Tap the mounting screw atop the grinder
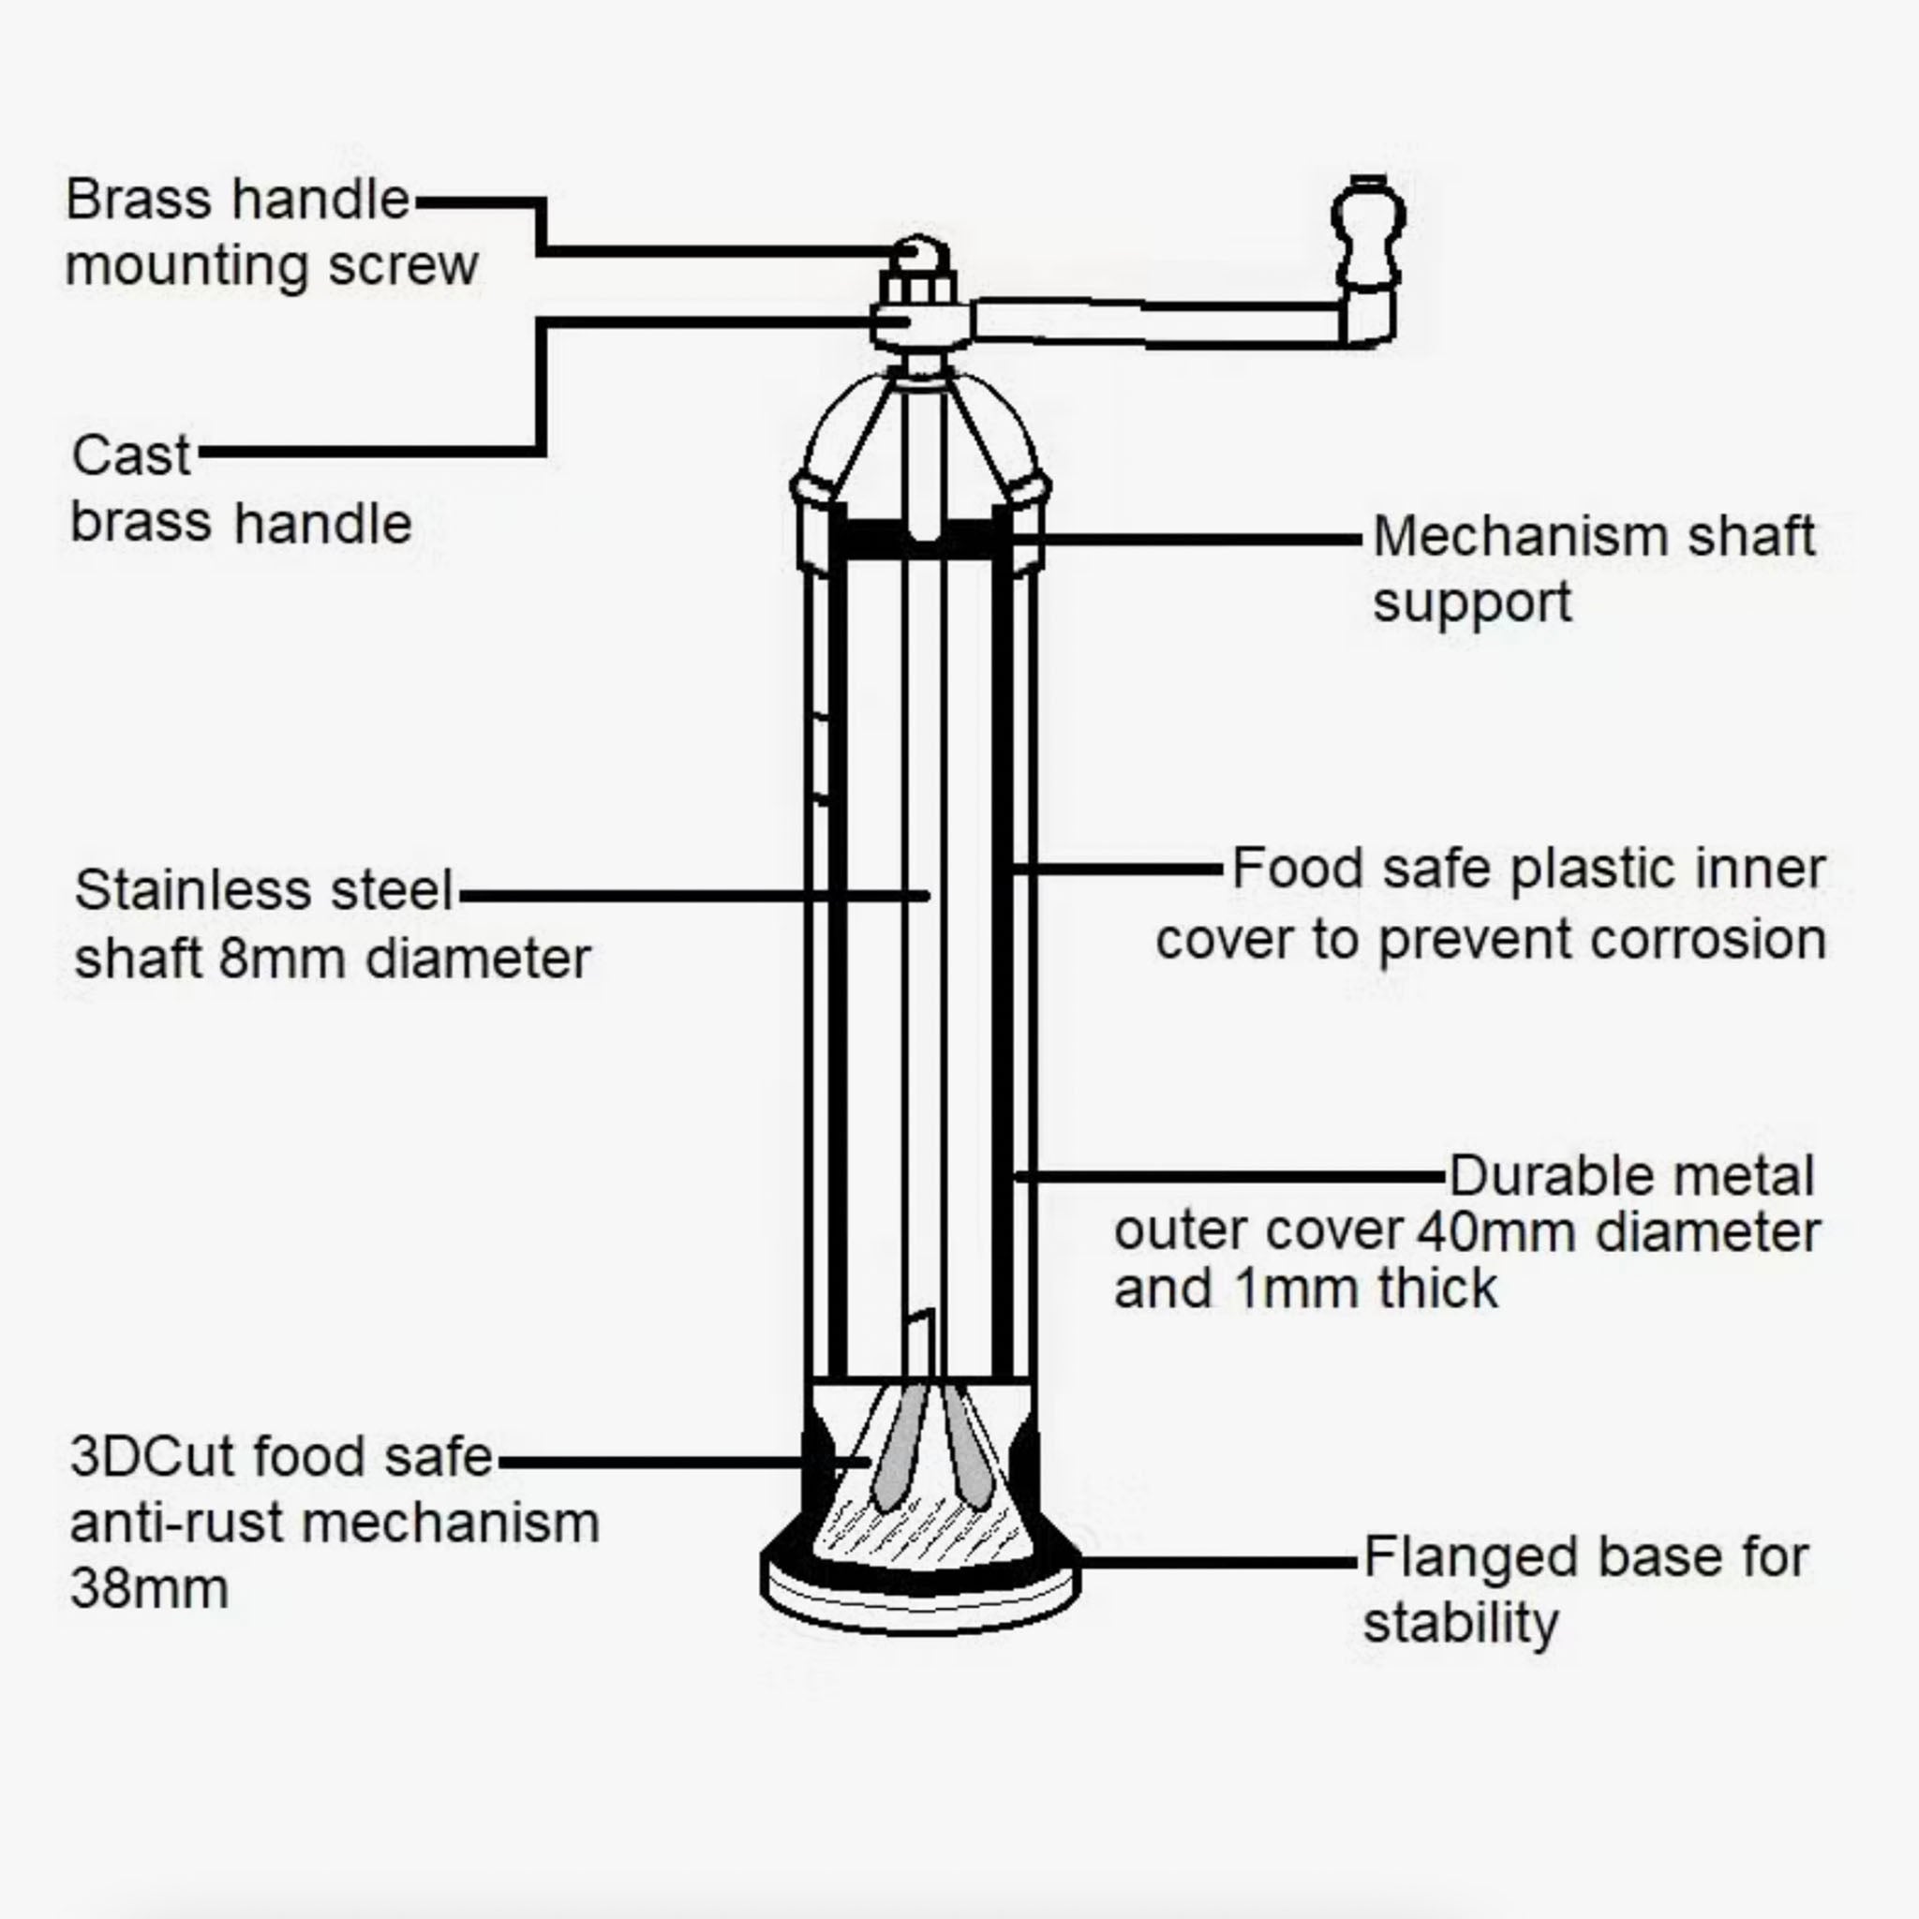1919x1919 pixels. point(919,255)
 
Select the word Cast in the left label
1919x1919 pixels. point(130,457)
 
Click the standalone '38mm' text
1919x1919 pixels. point(149,1588)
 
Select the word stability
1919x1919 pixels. point(1460,1624)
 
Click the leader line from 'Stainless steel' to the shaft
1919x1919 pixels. point(695,895)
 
